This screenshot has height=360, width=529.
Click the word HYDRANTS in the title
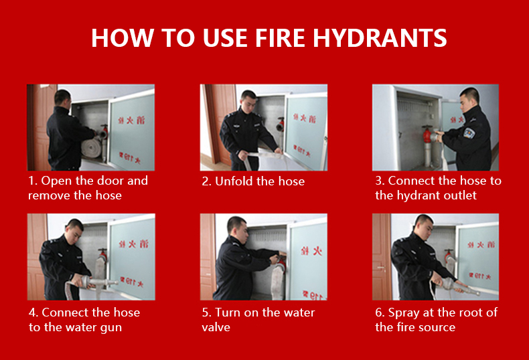[x=380, y=37]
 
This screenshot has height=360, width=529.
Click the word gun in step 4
[x=111, y=328]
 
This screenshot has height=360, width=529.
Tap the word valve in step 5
[x=216, y=327]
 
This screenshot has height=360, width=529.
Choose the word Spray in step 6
[x=404, y=313]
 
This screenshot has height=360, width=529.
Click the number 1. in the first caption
[x=33, y=181]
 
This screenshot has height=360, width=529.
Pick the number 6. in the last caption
[x=380, y=312]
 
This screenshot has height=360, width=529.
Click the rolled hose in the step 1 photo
[x=91, y=148]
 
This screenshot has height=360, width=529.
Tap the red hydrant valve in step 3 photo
[x=427, y=134]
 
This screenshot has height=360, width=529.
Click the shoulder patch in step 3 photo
[x=469, y=132]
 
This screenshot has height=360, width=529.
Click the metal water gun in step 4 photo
[x=96, y=282]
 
